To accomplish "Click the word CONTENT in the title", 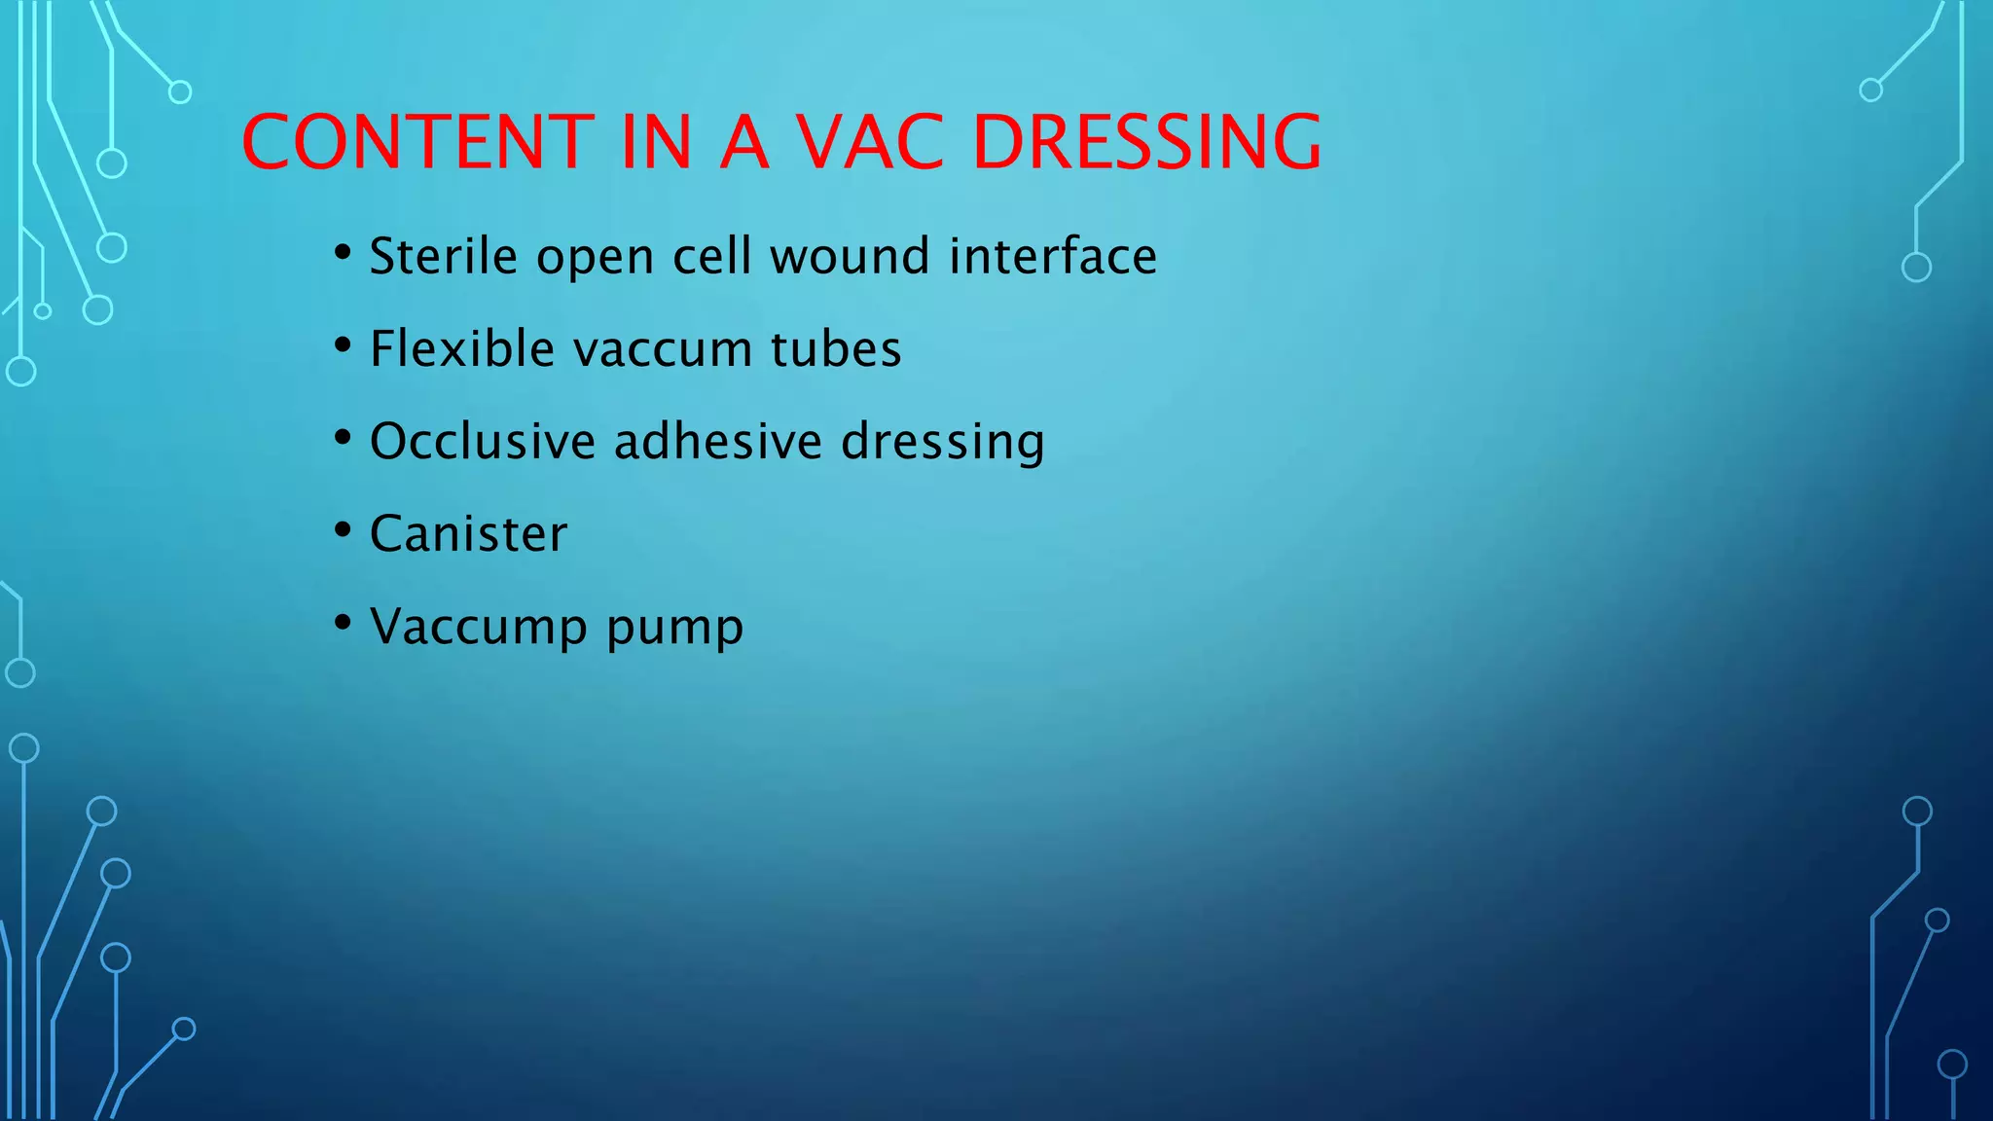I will (417, 142).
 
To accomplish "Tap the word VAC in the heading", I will (870, 142).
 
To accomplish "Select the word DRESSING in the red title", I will (1147, 142).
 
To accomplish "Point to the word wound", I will (851, 256).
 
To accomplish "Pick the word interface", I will (1053, 256).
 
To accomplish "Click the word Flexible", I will (462, 348).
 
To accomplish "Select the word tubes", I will (836, 348).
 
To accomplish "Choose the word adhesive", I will (718, 441).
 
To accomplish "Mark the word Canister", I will (468, 533).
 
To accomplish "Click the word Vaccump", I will (479, 628).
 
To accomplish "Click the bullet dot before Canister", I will (342, 530).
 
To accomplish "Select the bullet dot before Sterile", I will (342, 253).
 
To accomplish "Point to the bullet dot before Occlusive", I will (342, 438).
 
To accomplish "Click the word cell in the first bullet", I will (712, 256).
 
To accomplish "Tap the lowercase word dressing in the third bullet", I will (942, 443).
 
